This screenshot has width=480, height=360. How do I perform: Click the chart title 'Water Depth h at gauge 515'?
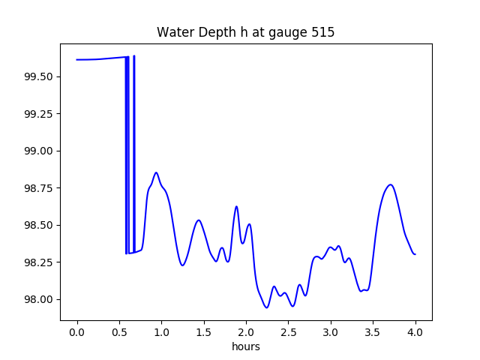[245, 33]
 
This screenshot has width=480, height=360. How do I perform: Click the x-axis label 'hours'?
[246, 347]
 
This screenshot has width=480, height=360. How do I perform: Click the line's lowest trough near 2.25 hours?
[266, 307]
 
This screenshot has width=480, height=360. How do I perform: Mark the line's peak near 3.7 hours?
[390, 184]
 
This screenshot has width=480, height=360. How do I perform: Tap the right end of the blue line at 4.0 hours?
[415, 254]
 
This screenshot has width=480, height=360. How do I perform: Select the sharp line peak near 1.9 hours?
[236, 206]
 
